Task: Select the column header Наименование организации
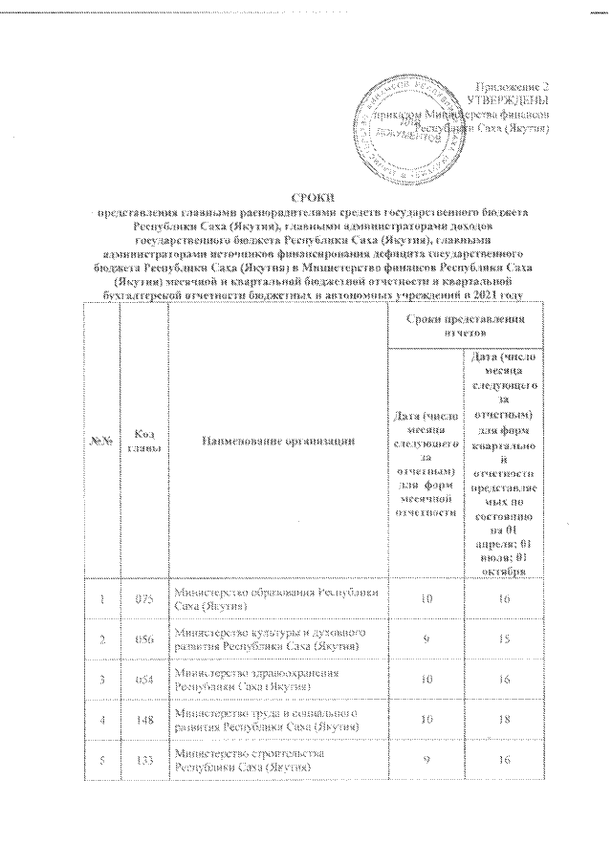276,441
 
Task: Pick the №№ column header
101,441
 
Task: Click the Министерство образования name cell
275,599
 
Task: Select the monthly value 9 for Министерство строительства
425,762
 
